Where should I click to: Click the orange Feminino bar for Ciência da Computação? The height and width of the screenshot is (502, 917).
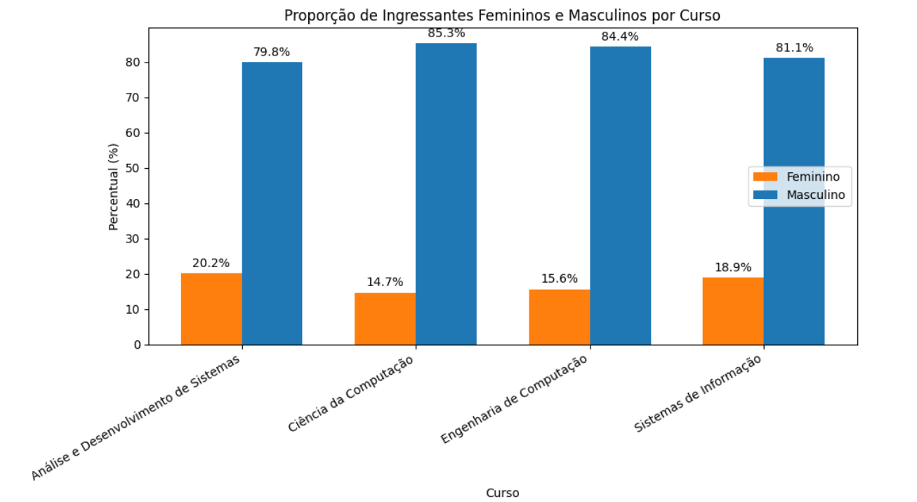point(385,318)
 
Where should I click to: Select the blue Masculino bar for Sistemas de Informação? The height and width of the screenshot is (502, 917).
point(794,201)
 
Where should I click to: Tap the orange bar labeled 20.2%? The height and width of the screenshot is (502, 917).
point(211,309)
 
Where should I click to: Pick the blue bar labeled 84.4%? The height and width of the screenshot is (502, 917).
point(620,195)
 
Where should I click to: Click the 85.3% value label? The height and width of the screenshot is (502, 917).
point(446,33)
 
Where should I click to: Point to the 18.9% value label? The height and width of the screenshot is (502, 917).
point(733,267)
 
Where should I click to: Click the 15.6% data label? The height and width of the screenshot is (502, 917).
point(559,278)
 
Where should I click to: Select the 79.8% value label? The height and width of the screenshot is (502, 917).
point(272,52)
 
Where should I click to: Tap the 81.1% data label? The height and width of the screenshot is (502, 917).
point(794,48)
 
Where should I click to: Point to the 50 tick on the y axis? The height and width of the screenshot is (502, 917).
point(135,168)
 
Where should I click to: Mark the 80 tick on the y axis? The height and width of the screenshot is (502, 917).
point(135,62)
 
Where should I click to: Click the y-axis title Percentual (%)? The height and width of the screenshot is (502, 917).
point(114,186)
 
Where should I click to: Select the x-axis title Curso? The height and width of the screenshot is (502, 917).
point(503,493)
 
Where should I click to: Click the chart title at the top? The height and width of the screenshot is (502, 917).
point(502,15)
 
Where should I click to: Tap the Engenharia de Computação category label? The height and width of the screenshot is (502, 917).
point(515,399)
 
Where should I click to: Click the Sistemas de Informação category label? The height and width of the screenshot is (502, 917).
point(697,394)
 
